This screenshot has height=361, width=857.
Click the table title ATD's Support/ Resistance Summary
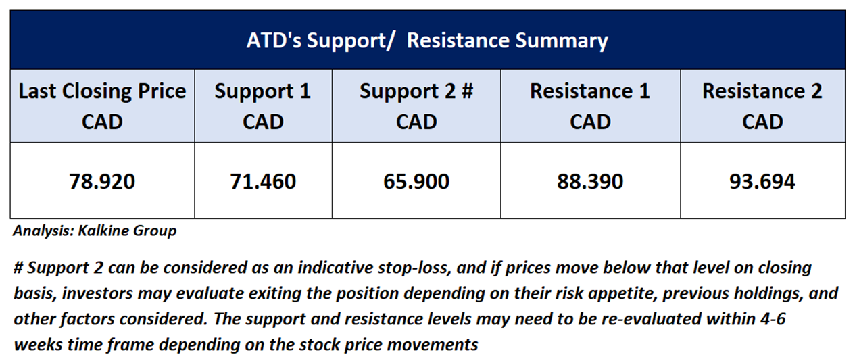[x=427, y=41]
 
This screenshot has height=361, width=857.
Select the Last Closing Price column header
[x=102, y=106]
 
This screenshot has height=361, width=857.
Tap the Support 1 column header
[x=263, y=106]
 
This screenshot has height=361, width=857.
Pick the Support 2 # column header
[x=416, y=106]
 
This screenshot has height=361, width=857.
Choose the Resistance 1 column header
[x=590, y=106]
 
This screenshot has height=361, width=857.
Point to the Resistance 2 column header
[x=762, y=106]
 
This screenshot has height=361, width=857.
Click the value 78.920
[x=102, y=181]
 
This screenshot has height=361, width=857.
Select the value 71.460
[x=263, y=181]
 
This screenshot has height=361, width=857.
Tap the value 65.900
[x=416, y=181]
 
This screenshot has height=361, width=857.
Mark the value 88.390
[x=590, y=181]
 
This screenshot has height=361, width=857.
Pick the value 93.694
[x=762, y=181]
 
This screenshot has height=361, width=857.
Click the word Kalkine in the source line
[x=103, y=231]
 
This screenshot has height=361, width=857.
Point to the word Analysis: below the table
[x=43, y=231]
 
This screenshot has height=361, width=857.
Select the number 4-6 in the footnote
[x=773, y=319]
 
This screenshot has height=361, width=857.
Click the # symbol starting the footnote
[x=18, y=268]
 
